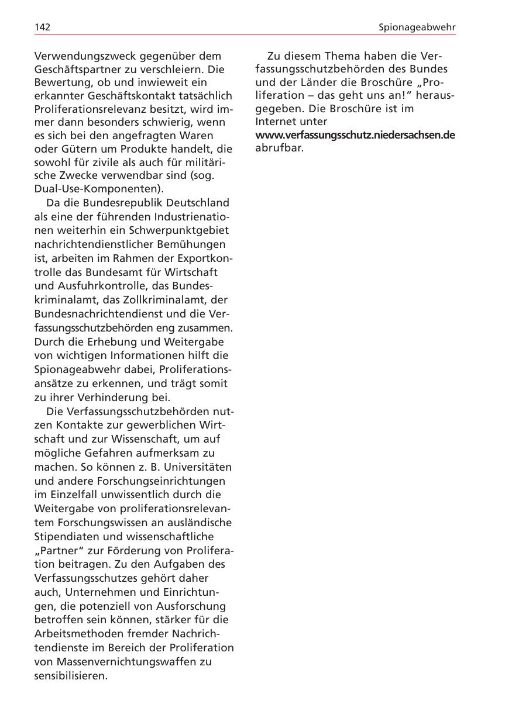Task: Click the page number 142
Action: coord(42,27)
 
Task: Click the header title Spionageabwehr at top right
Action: coord(417,27)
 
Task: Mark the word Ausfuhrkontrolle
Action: coord(104,286)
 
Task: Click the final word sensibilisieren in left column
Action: coord(71,676)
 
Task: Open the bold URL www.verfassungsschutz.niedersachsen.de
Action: coord(355,135)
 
